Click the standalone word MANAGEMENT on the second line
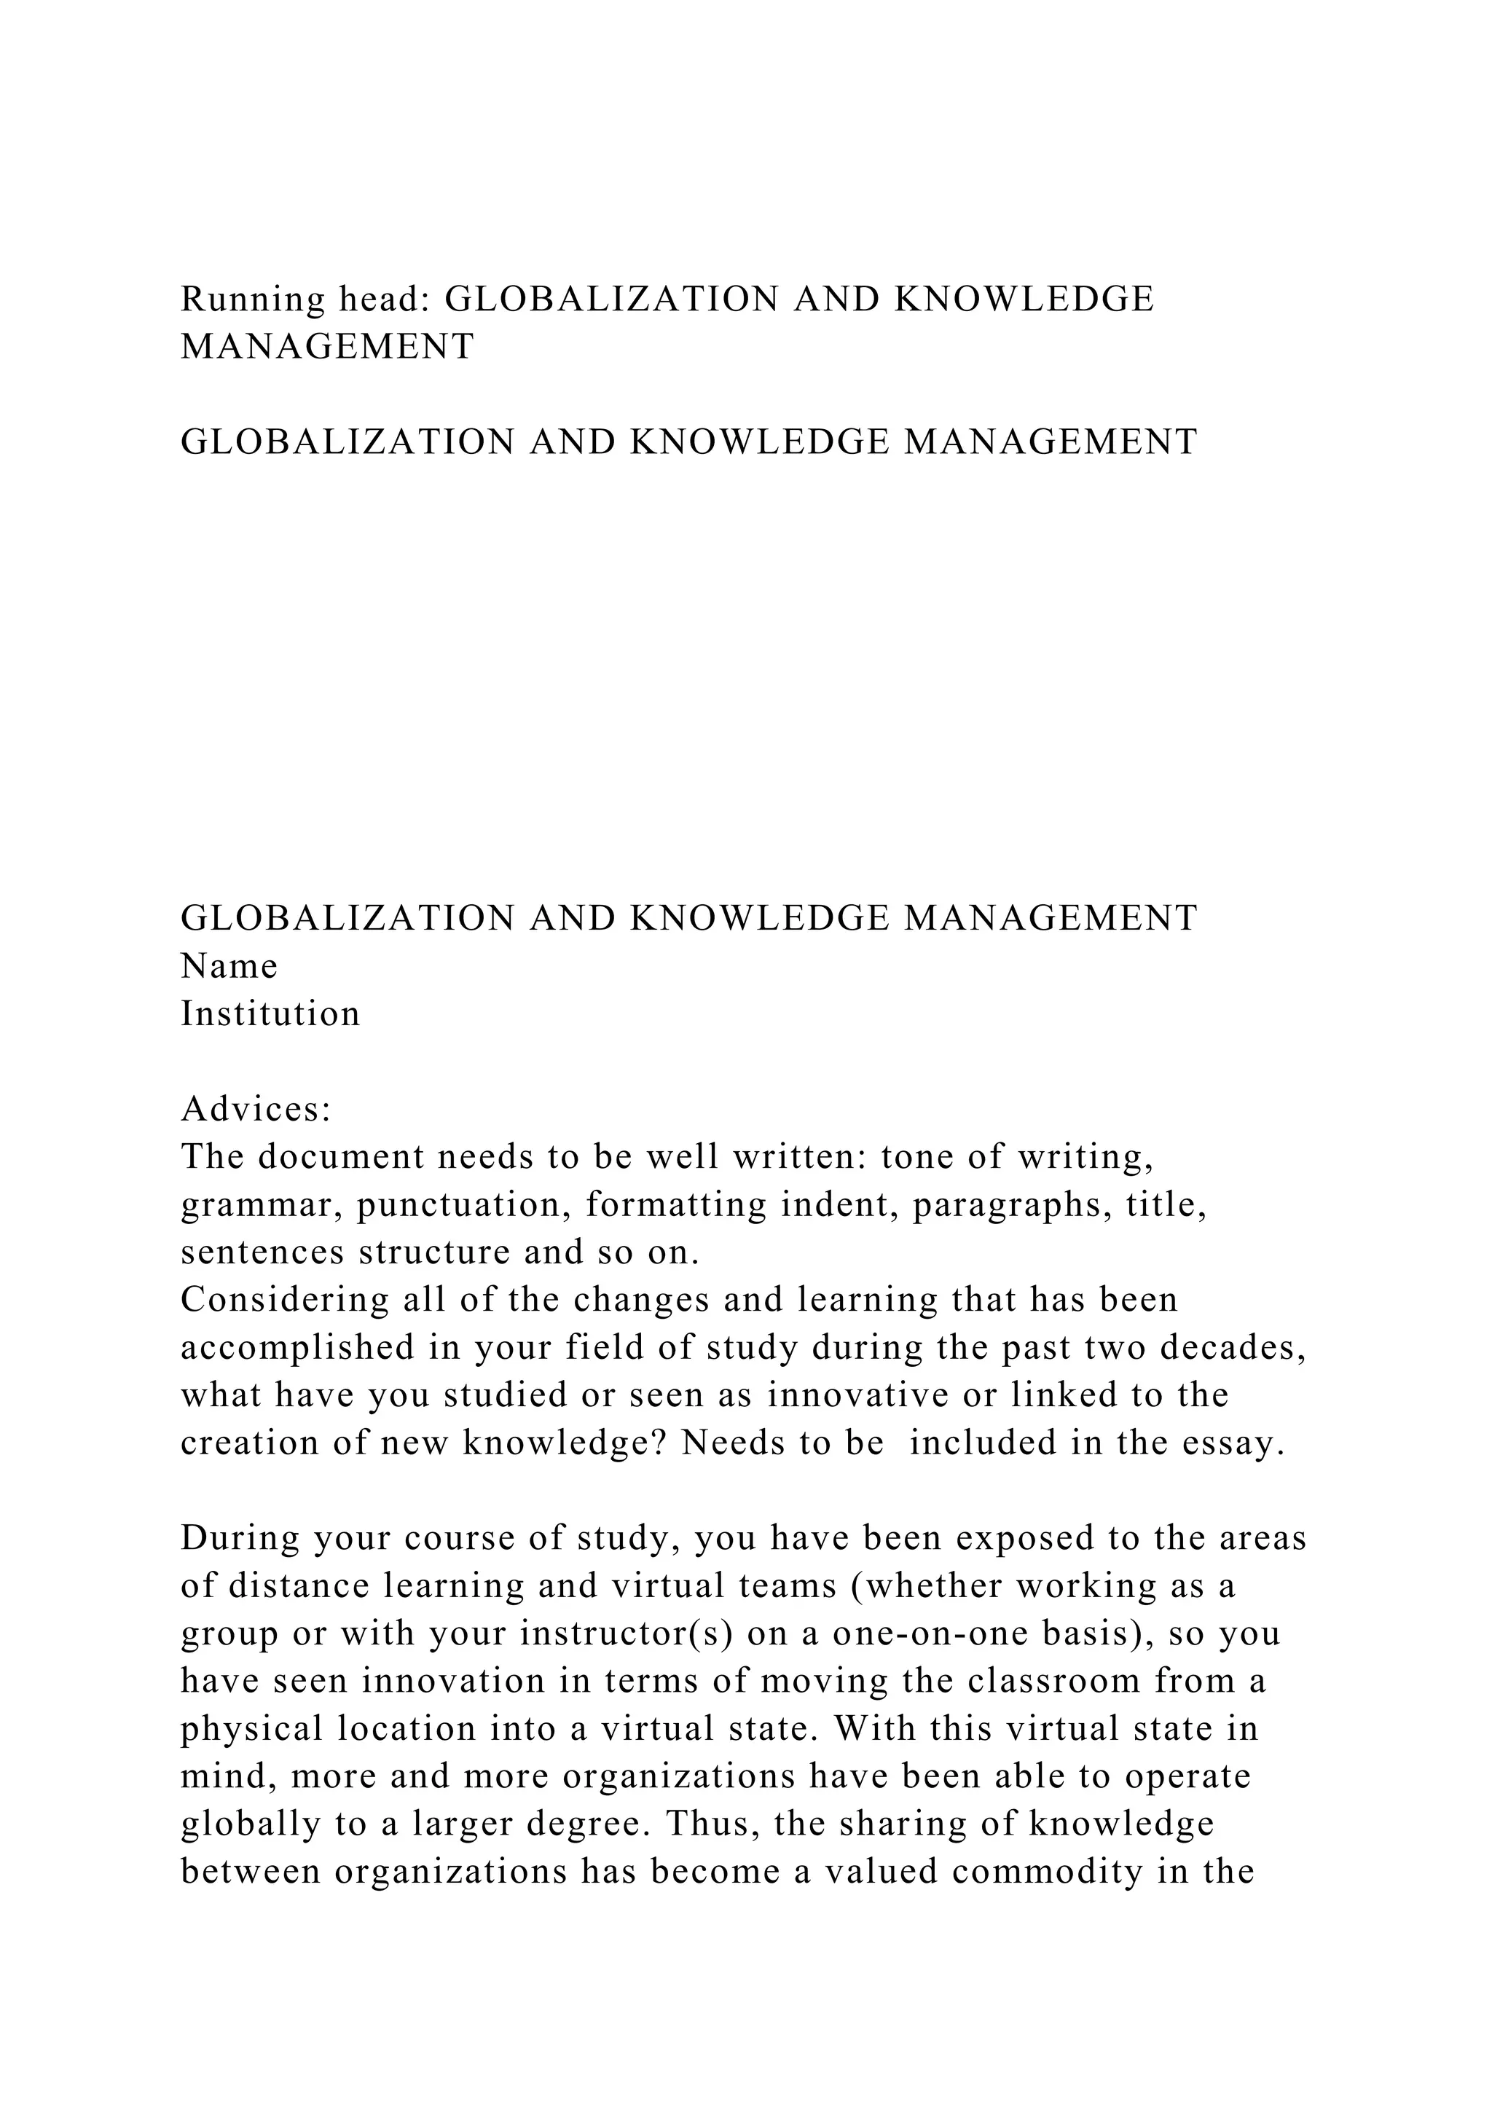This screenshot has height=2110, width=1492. [x=327, y=347]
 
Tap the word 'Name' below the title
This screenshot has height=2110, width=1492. [x=229, y=966]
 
